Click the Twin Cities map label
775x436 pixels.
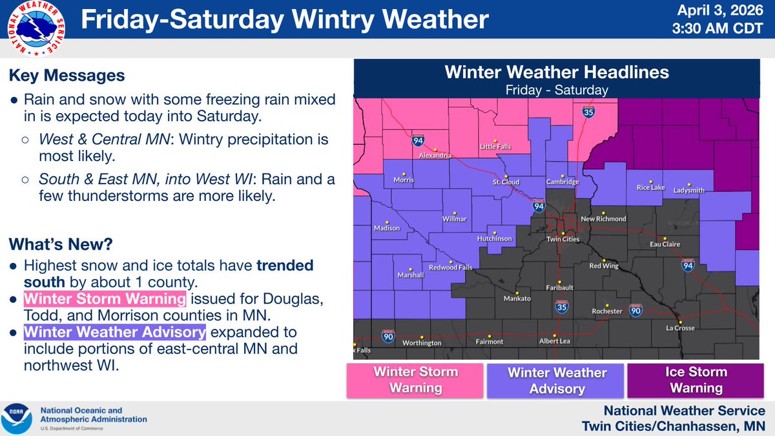562,239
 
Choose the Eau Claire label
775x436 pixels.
665,245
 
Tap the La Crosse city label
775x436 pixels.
679,327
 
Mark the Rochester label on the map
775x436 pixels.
607,311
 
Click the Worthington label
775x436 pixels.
422,343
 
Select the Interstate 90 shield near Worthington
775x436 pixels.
387,338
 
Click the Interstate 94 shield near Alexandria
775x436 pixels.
418,140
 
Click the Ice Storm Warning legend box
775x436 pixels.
696,380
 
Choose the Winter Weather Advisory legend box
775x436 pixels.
557,380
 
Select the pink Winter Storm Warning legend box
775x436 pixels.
416,380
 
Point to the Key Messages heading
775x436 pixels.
67,76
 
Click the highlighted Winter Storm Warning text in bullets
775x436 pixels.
105,299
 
